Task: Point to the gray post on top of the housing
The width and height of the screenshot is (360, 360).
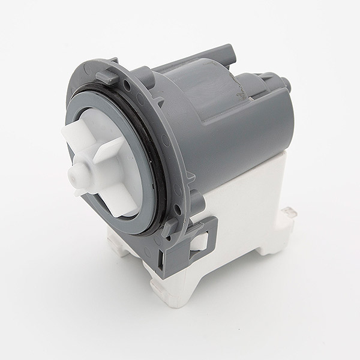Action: click(x=225, y=49)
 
